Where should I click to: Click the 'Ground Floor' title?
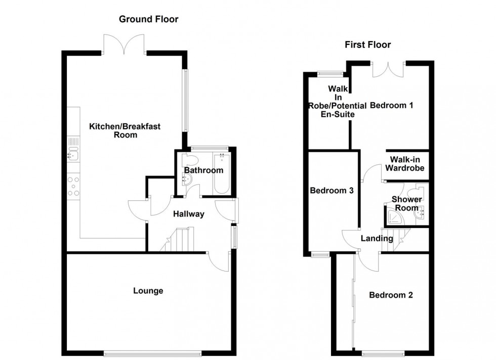[x=148, y=19]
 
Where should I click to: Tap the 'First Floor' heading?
[x=367, y=45]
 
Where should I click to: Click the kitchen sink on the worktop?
[x=73, y=149]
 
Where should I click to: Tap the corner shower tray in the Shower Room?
[x=393, y=217]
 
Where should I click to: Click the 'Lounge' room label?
[x=148, y=291]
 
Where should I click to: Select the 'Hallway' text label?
[x=188, y=214]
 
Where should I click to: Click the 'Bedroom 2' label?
[x=390, y=295]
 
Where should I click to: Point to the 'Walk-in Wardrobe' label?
[x=404, y=164]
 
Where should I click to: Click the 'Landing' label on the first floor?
[x=377, y=239]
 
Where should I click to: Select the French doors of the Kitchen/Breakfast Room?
[x=124, y=44]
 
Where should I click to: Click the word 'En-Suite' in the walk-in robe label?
[x=338, y=115]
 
